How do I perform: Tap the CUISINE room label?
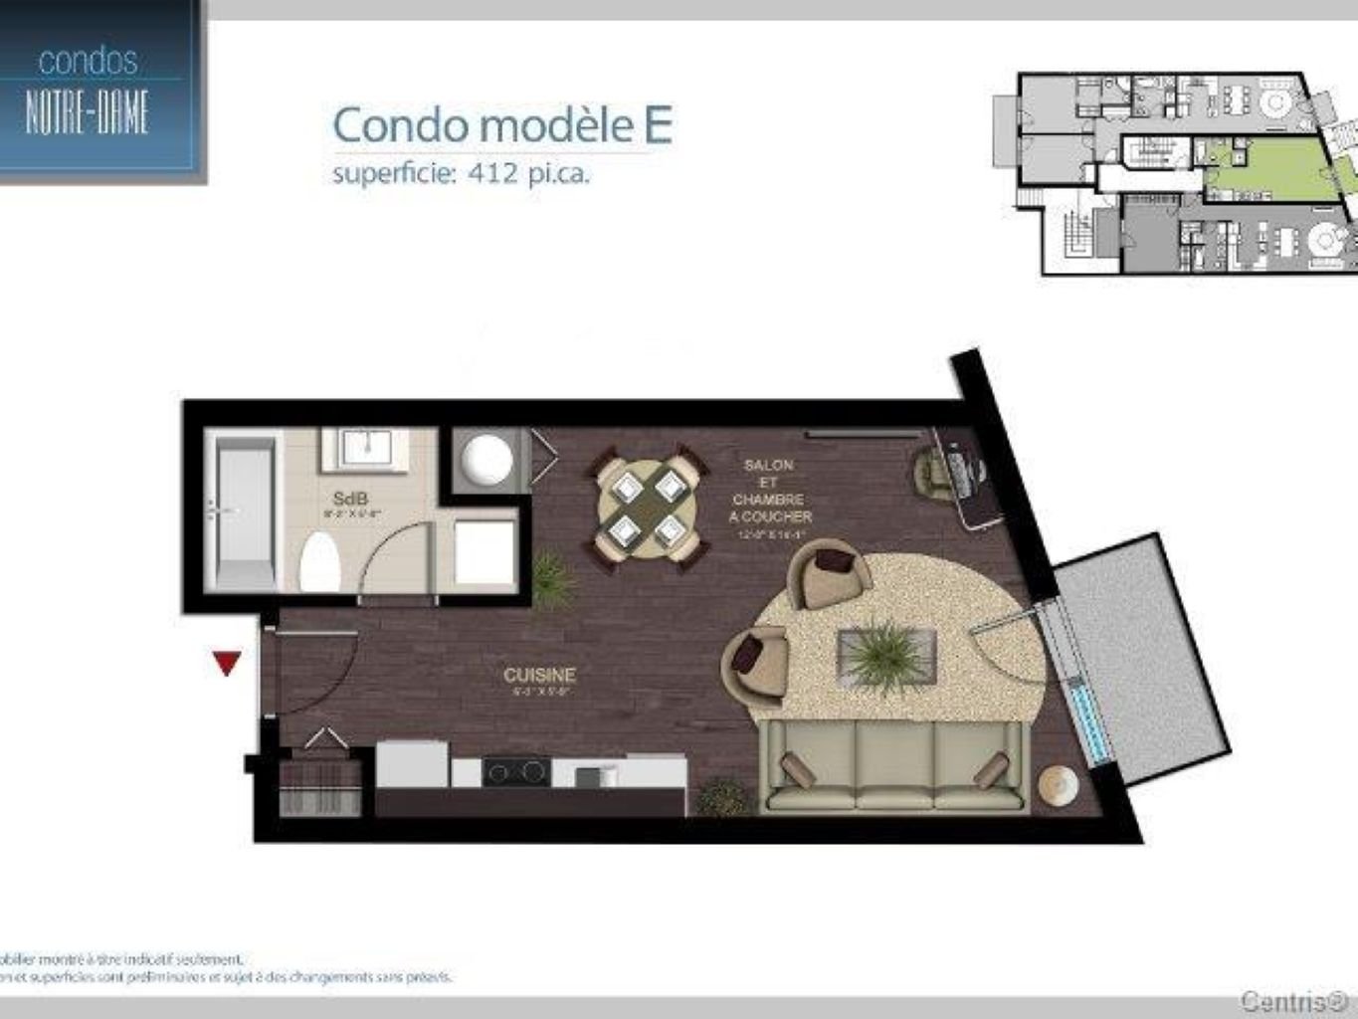click(x=539, y=675)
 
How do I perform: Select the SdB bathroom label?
click(x=350, y=498)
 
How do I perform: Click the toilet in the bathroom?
click(x=319, y=562)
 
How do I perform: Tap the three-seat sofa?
click(x=892, y=766)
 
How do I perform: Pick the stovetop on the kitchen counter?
click(x=515, y=770)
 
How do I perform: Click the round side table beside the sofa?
click(x=1057, y=785)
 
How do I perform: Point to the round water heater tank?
click(x=487, y=460)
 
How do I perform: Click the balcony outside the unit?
click(x=1144, y=657)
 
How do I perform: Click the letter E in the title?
click(x=657, y=125)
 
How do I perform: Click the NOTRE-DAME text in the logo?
click(x=88, y=109)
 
